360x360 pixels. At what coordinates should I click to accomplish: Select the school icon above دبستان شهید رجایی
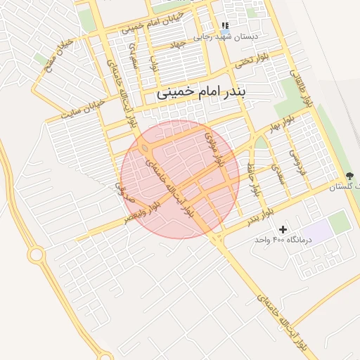pyautogui.click(x=225, y=25)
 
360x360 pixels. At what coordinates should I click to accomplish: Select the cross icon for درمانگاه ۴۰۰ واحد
pyautogui.click(x=283, y=229)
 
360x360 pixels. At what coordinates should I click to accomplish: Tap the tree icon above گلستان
pyautogui.click(x=351, y=176)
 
